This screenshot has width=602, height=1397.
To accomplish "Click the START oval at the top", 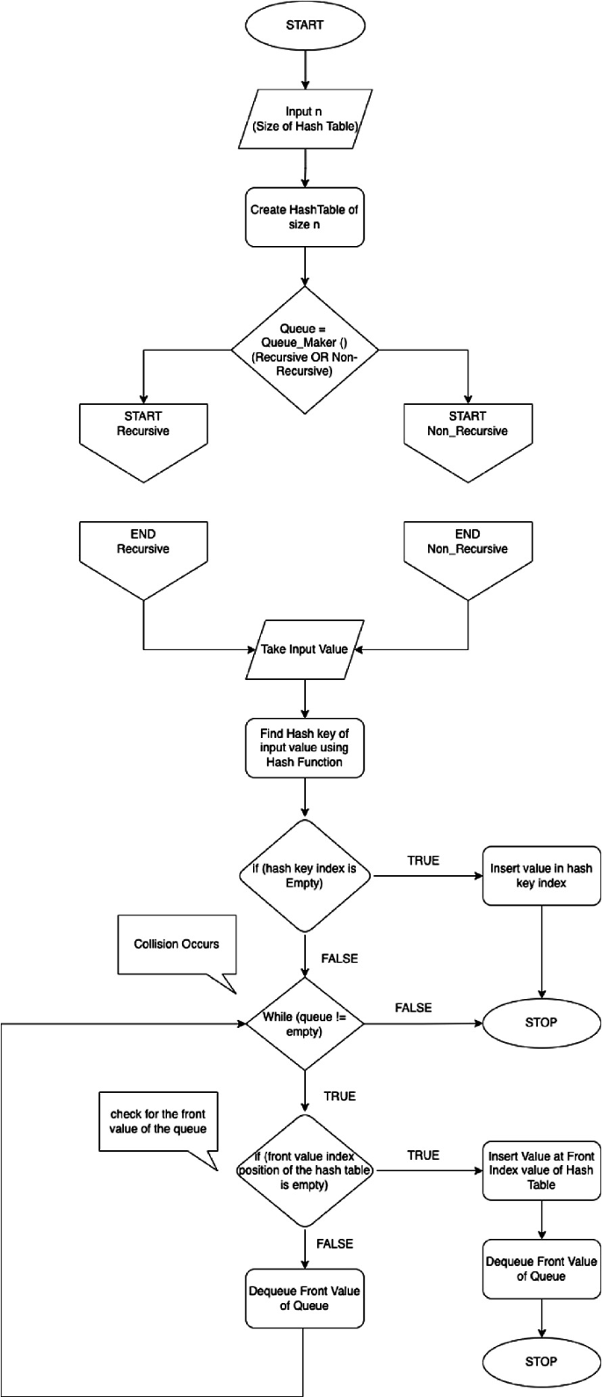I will pos(304,25).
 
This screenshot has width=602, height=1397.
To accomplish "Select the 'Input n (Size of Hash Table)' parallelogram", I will pos(304,121).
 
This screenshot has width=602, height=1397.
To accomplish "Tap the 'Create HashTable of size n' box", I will pos(304,216).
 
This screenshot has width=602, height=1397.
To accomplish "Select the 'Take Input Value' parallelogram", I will pos(304,650).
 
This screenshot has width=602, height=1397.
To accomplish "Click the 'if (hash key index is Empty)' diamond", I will pos(304,876).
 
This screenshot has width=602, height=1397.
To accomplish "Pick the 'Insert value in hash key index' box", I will pos(540,876).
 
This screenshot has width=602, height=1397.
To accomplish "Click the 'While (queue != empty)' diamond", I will pos(304,1024).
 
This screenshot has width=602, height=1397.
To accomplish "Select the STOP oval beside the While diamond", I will pos(540,1024).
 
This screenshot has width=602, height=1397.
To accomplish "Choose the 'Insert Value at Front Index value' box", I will pos(540,1170).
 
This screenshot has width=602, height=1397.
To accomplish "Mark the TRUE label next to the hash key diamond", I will pos(424,861).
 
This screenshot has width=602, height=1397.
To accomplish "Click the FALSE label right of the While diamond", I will pos(413,1008).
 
